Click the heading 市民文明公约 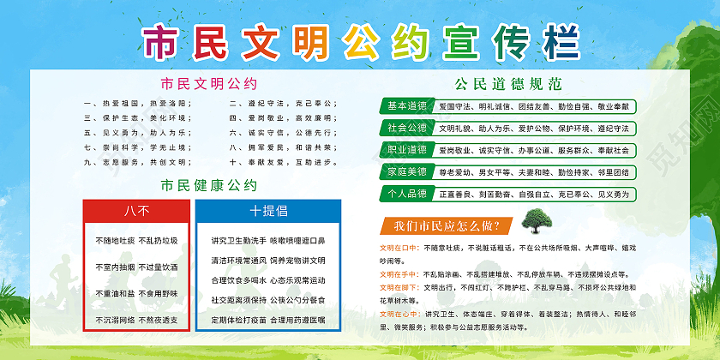click(x=209, y=84)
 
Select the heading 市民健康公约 click(x=209, y=185)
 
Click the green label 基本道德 click(x=407, y=106)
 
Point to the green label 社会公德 click(x=407, y=128)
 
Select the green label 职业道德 click(x=407, y=150)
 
